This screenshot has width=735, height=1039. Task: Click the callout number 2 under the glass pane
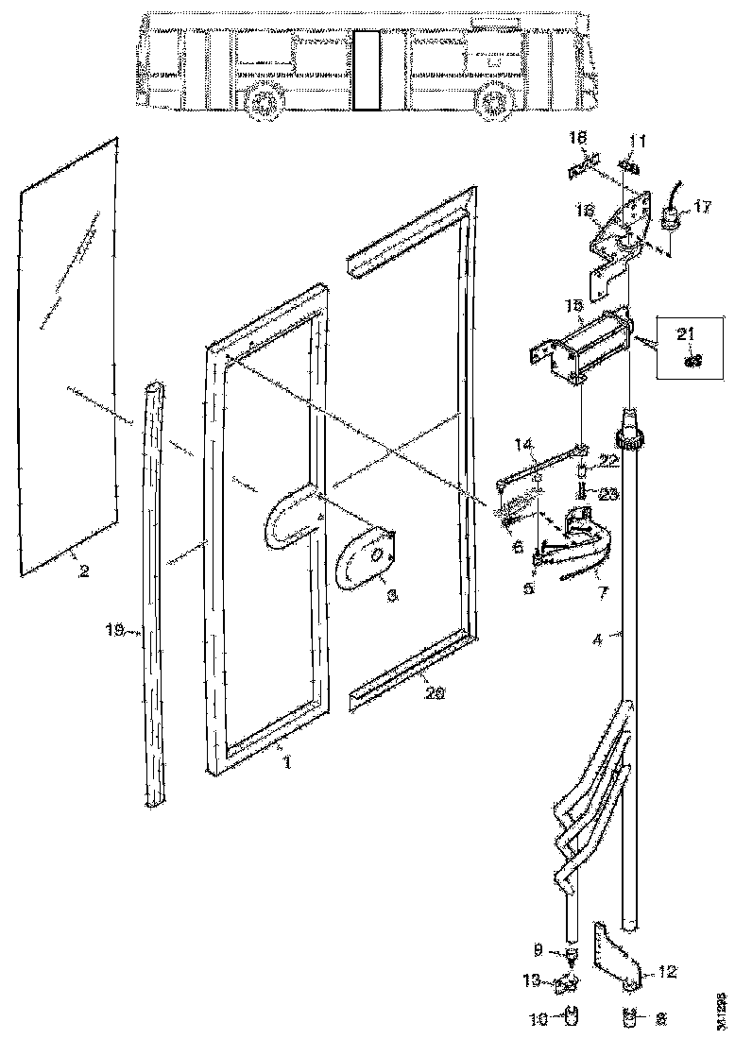coord(84,572)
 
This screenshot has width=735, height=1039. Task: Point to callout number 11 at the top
coord(638,142)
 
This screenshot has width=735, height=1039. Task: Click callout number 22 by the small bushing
coord(610,460)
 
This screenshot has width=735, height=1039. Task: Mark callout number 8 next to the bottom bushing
coord(659,1020)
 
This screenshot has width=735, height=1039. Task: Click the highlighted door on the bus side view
coord(366,70)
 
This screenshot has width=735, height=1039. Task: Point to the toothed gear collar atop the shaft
coord(628,437)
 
